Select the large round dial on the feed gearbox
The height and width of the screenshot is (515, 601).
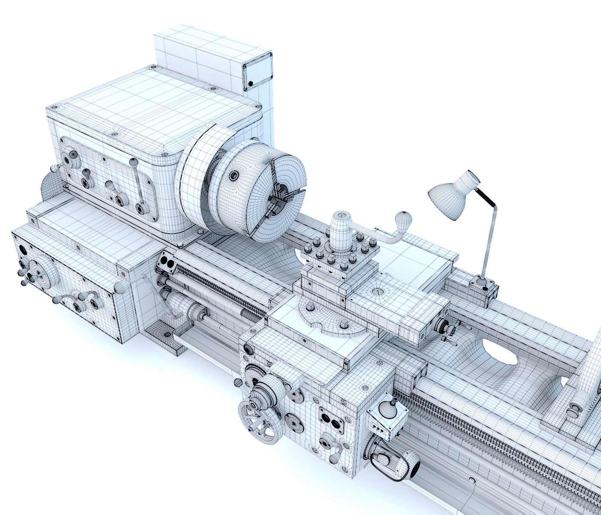point(46,273)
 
